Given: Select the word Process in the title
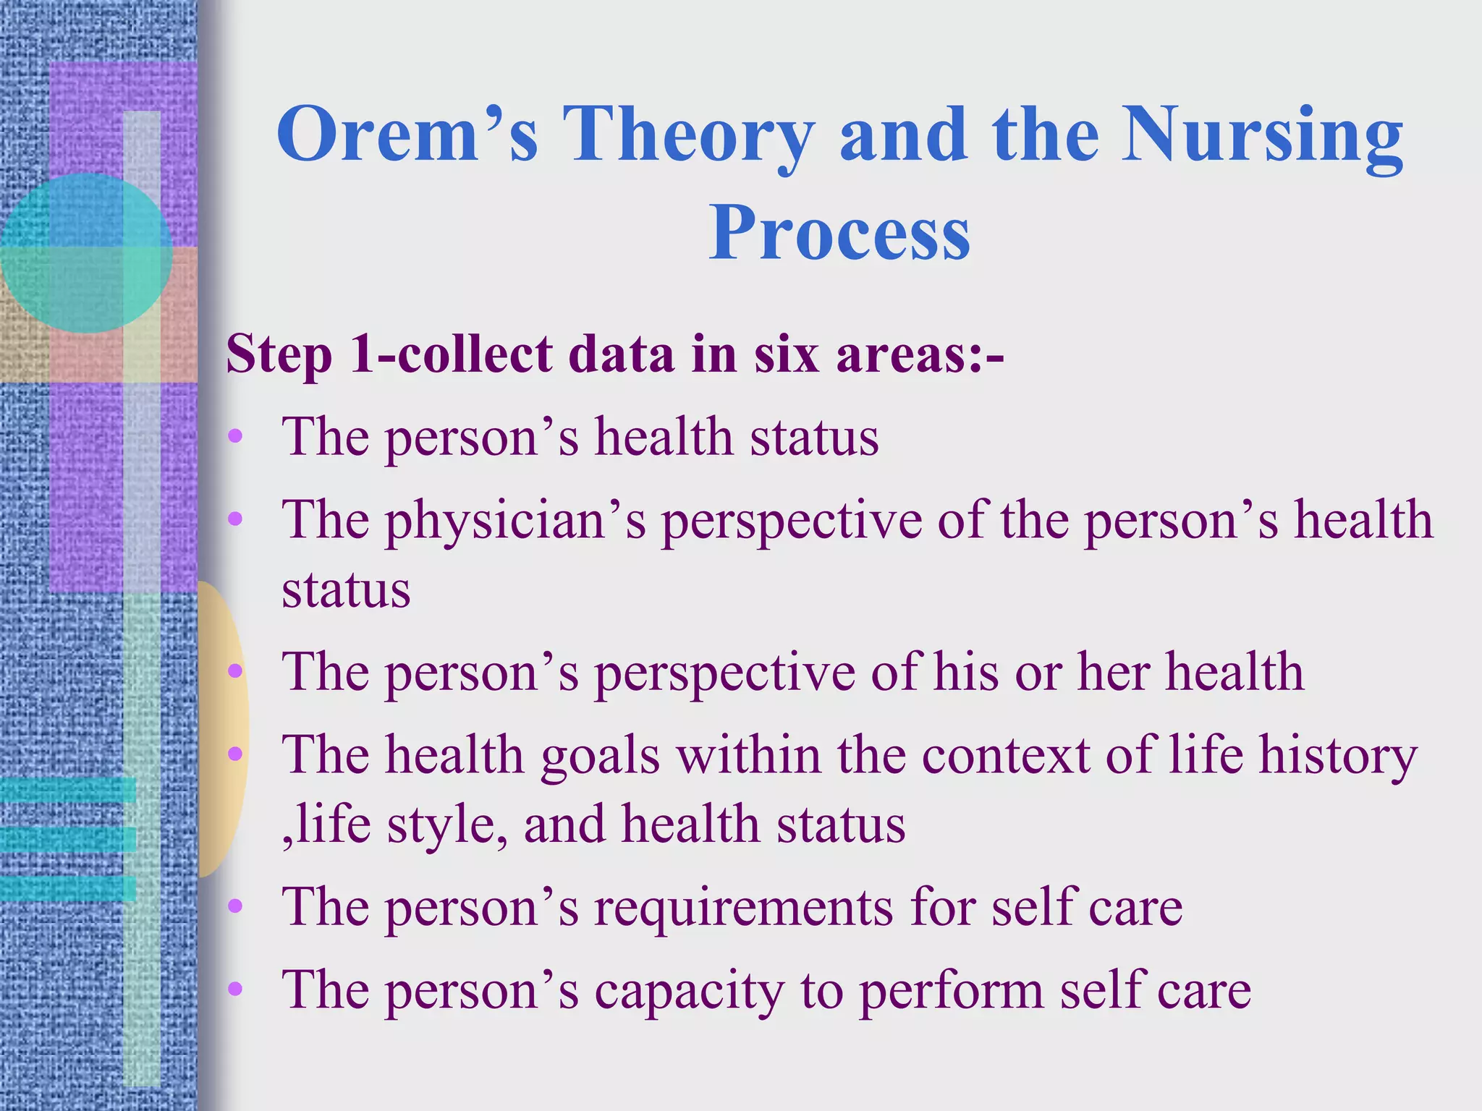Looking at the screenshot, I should click(839, 233).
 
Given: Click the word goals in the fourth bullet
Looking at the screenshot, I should click(600, 757).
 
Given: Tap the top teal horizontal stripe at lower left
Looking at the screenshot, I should click(69, 790).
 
